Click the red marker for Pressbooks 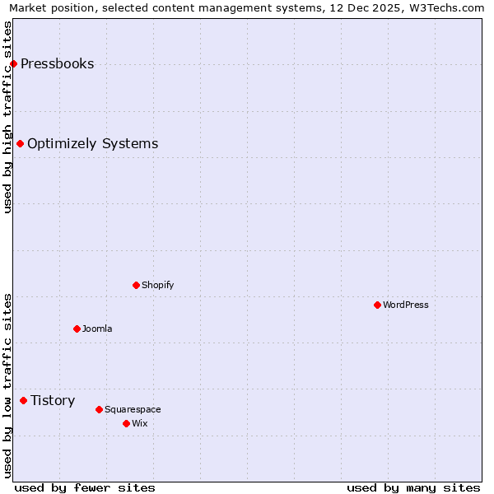[13, 64]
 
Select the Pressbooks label [57, 64]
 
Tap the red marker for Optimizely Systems [20, 144]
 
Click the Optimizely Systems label [92, 144]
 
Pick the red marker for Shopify [136, 286]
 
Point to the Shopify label [157, 286]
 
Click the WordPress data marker [377, 305]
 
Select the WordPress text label [406, 305]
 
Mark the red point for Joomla [77, 329]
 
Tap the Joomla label [97, 329]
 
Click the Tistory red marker [23, 401]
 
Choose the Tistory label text [53, 401]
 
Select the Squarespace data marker [99, 410]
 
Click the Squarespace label [133, 410]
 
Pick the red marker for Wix [126, 424]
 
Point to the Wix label [139, 424]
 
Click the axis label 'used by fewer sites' [85, 487]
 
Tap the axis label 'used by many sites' [413, 487]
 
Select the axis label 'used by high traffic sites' [7, 117]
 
